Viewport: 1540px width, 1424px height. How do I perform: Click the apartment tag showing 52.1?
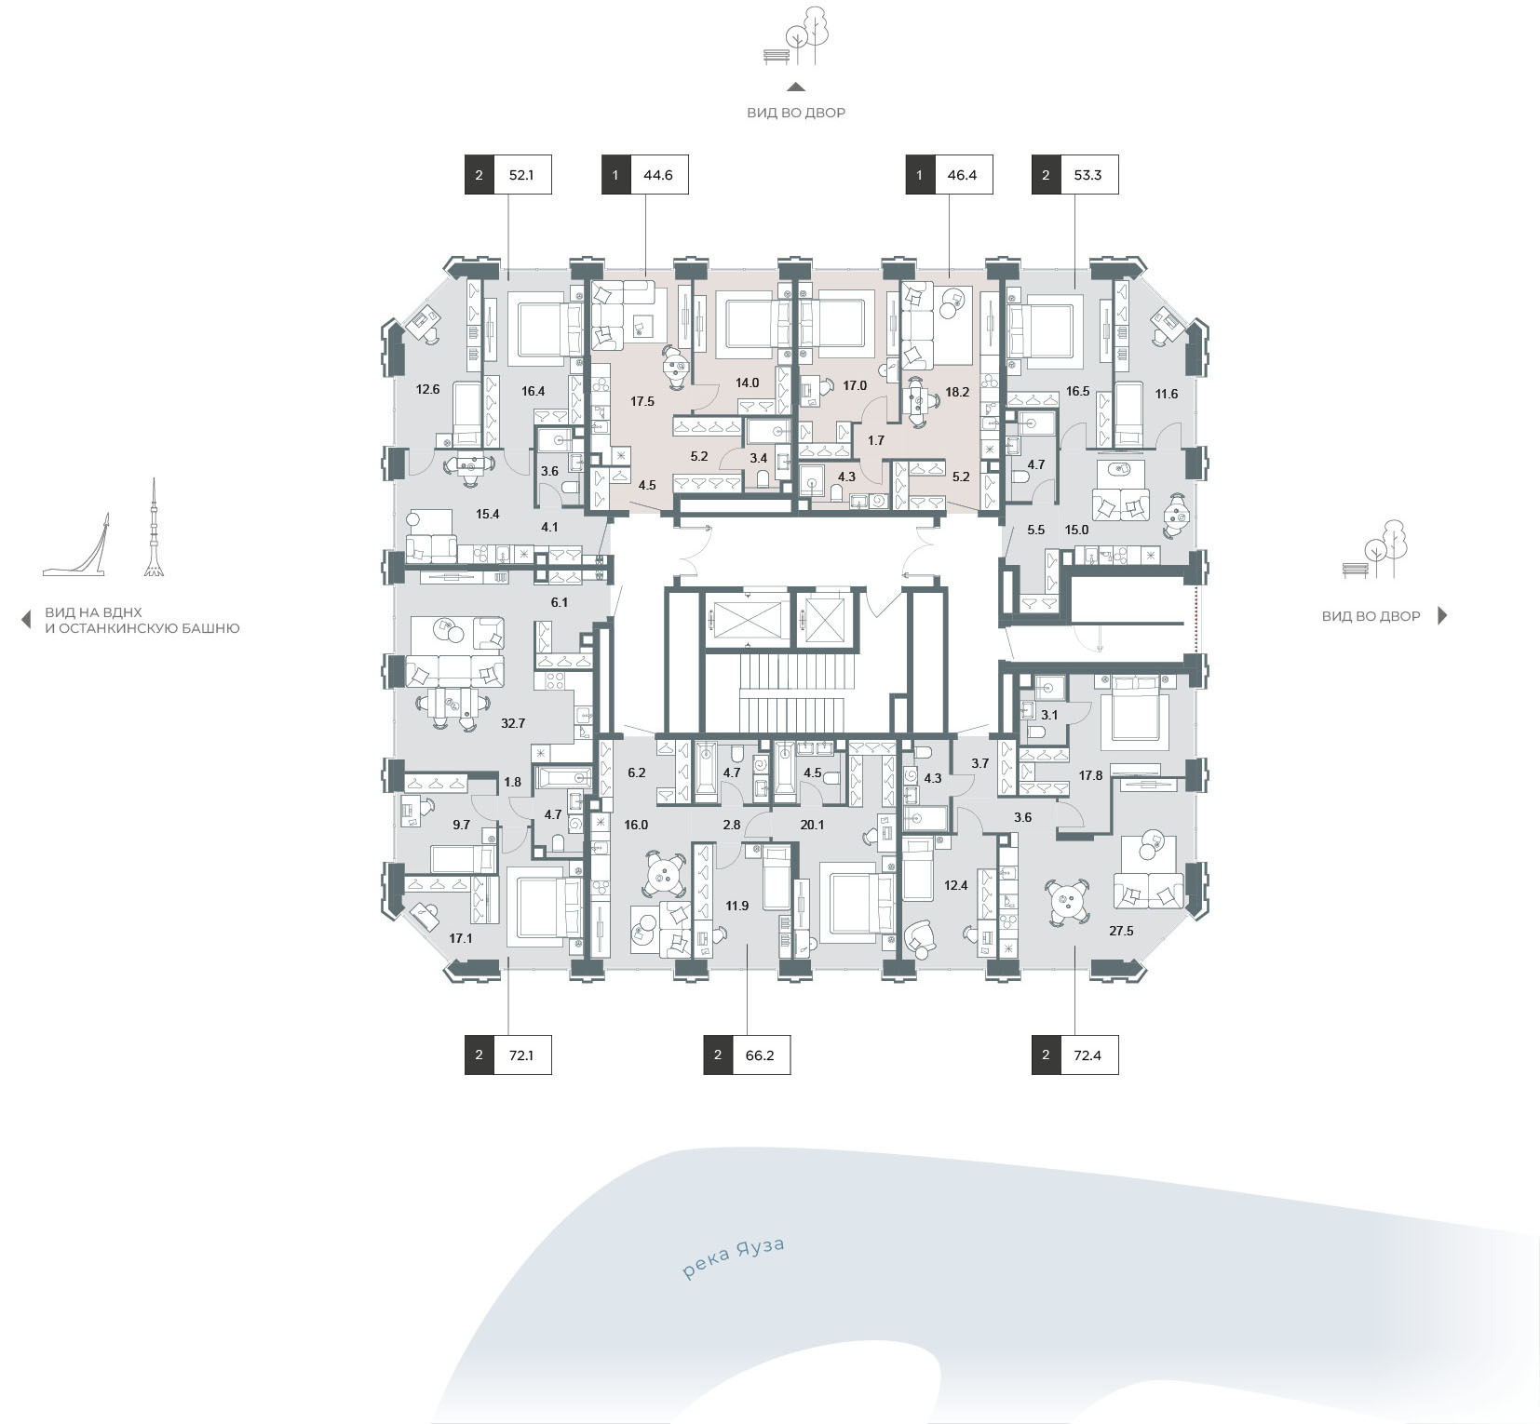[x=508, y=175]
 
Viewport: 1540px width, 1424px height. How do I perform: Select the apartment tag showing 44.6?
[x=645, y=175]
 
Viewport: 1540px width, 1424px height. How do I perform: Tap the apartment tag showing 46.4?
[x=949, y=175]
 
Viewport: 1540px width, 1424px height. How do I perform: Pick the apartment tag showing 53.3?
[x=1074, y=175]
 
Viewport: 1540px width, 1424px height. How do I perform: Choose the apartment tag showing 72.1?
[x=508, y=1055]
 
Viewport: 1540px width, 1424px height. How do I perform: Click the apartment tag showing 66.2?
[x=747, y=1055]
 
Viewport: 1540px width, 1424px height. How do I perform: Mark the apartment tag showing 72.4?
[x=1074, y=1055]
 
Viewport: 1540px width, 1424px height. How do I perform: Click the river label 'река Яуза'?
[x=734, y=1257]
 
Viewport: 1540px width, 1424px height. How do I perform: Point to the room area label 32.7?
[x=513, y=723]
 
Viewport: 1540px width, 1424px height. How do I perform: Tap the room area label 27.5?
[x=1121, y=931]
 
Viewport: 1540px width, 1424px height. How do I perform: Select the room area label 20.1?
[x=813, y=825]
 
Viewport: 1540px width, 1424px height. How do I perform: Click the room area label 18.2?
[x=957, y=393]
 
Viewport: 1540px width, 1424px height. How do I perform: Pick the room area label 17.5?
[x=642, y=402]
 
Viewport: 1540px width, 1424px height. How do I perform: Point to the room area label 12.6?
[x=427, y=390]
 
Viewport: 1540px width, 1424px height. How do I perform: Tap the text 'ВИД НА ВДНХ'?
[x=94, y=613]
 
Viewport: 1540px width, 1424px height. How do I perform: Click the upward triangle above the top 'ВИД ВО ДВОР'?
[x=796, y=87]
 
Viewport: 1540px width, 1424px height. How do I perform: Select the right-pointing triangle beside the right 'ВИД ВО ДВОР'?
[x=1442, y=615]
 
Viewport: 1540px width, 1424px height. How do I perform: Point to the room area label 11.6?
[x=1167, y=394]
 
